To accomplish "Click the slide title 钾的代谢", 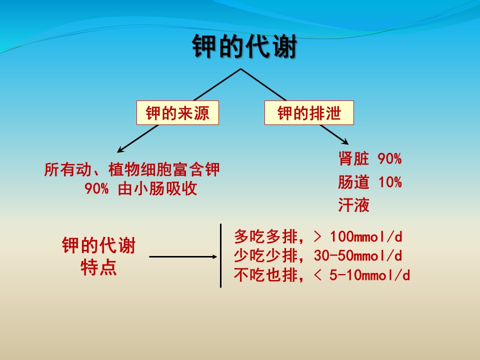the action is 244,46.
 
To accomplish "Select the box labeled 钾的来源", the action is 177,112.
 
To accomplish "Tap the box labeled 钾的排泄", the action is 309,112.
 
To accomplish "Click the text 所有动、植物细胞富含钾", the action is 131,169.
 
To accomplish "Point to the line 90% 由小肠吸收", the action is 141,188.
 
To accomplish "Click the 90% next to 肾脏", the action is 389,158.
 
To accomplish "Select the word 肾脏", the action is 353,158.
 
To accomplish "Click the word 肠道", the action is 353,182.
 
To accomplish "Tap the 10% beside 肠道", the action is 390,182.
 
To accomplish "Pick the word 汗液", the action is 353,205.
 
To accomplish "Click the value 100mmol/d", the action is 366,236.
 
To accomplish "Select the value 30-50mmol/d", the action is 358,255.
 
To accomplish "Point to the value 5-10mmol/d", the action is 369,275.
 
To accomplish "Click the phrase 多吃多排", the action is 265,236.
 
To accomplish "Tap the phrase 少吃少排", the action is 265,255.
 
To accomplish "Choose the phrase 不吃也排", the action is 265,275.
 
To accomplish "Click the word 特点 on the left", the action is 98,267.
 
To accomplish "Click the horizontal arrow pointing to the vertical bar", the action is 183,256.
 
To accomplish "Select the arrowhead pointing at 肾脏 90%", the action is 345,141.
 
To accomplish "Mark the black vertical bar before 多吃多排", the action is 220,255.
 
